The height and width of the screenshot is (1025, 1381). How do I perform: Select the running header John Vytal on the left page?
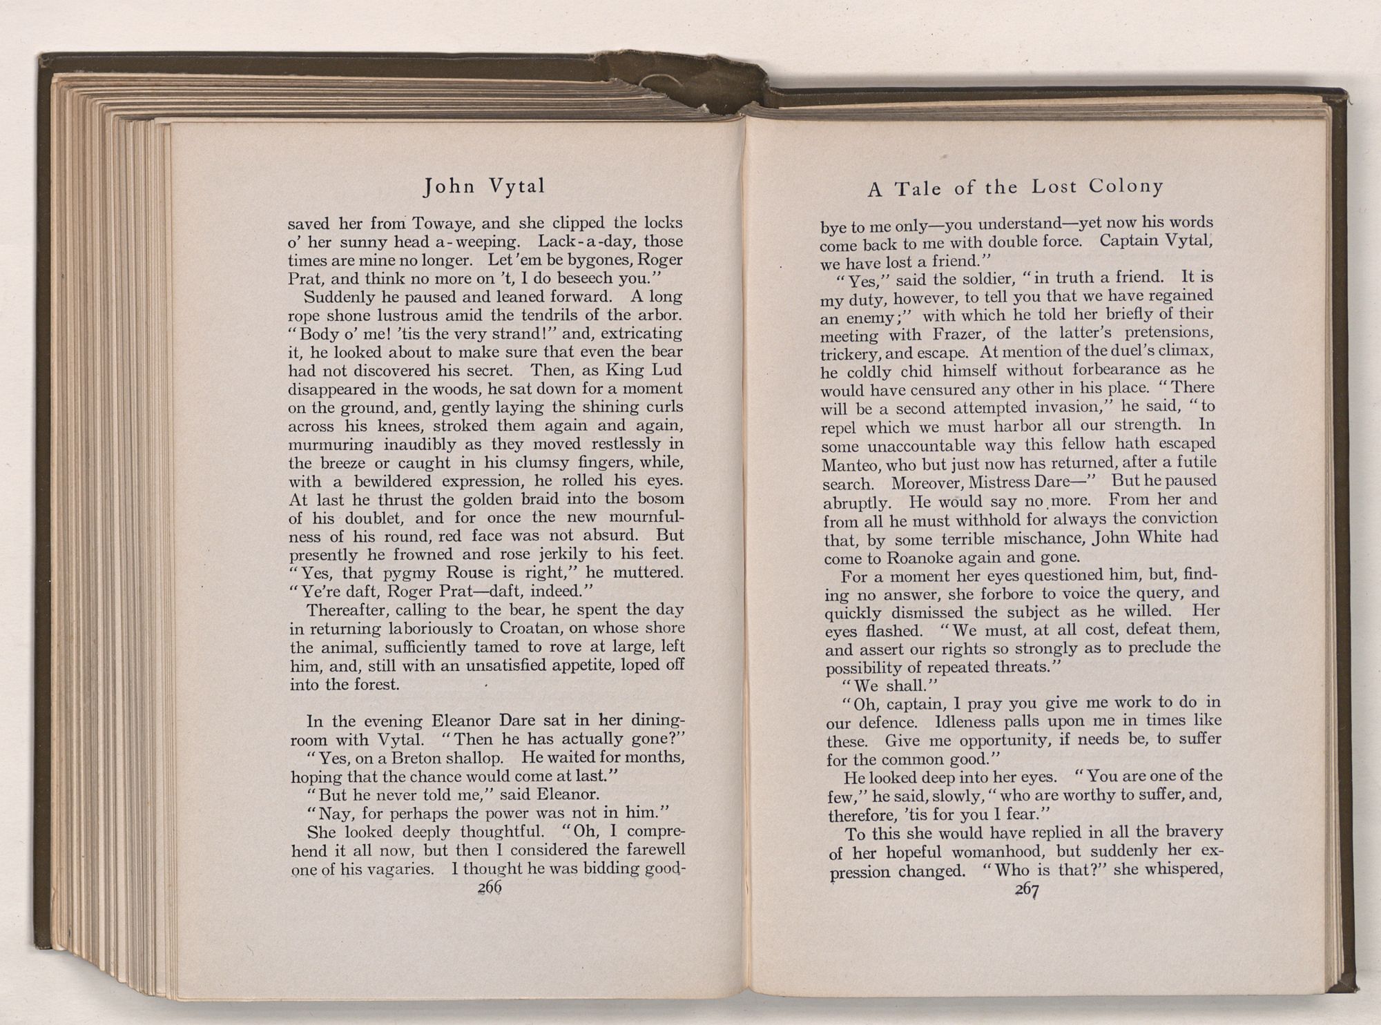tap(484, 186)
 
